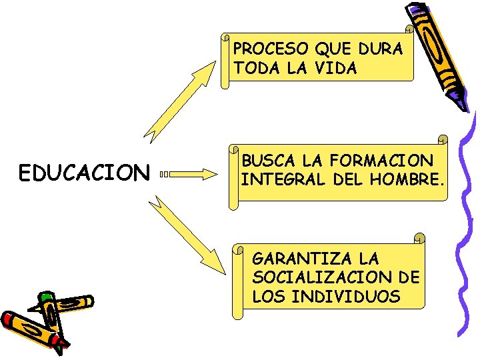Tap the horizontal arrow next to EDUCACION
(190, 175)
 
